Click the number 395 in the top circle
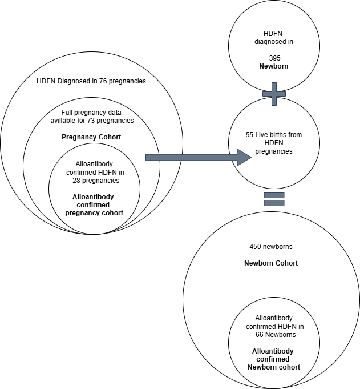(274, 58)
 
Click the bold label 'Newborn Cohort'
(271, 263)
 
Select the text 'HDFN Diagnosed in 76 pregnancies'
(91, 81)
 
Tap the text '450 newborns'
(271, 247)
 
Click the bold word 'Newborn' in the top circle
(274, 67)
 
